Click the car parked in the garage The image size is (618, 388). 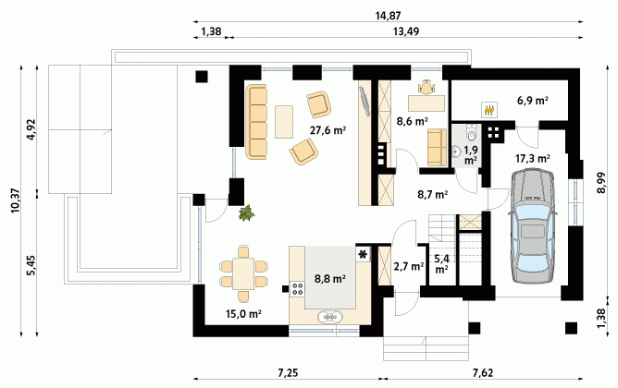(x=533, y=226)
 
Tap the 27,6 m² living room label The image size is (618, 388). (x=328, y=130)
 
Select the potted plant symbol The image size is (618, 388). (x=247, y=213)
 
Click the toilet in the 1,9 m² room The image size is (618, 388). (x=472, y=132)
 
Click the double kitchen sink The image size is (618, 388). (x=330, y=316)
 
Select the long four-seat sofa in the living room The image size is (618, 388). (x=256, y=122)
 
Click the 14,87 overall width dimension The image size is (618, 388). (x=389, y=16)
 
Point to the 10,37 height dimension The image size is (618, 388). (x=16, y=200)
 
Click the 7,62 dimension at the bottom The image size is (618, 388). (x=483, y=372)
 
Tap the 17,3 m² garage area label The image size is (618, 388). (x=533, y=159)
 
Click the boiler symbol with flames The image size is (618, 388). (x=489, y=109)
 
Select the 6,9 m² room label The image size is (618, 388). (x=533, y=101)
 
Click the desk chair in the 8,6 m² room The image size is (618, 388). (x=426, y=88)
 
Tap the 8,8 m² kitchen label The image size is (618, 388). (x=330, y=279)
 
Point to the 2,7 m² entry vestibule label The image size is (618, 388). (x=409, y=266)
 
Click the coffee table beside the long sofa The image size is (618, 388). (x=284, y=122)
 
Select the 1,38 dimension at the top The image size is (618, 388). (x=211, y=31)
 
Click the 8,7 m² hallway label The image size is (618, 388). (x=432, y=194)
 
